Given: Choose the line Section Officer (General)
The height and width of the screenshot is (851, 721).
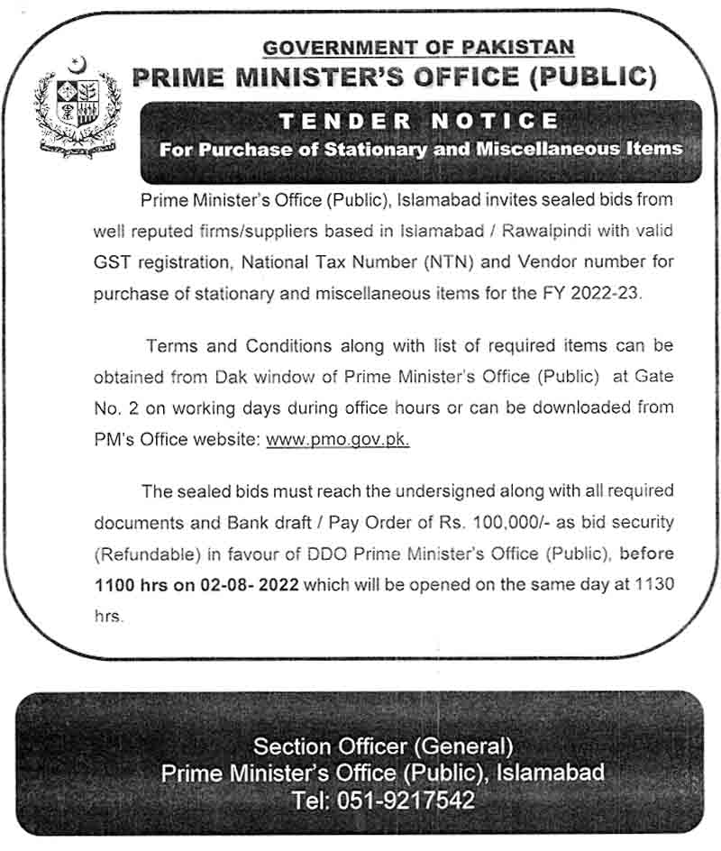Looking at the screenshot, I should tap(383, 746).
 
